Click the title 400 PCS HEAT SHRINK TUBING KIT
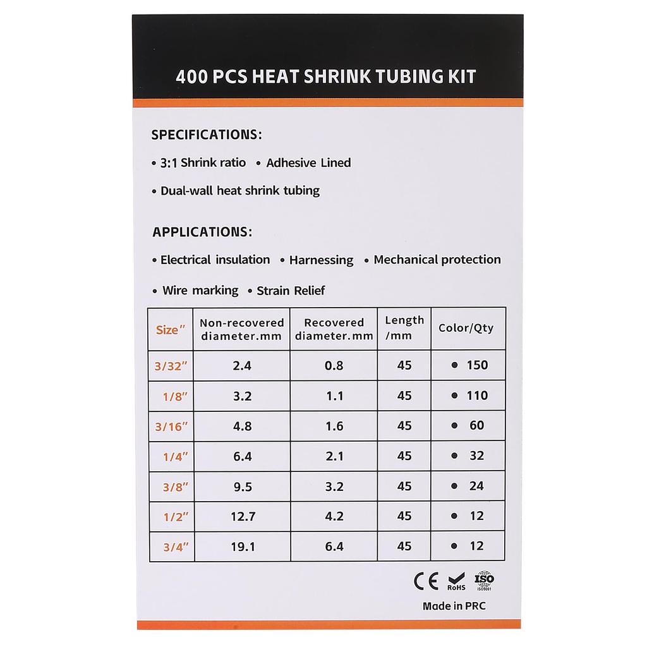tap(326, 77)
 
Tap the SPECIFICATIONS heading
tap(207, 135)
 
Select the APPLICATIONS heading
tap(202, 232)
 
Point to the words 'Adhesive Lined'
tap(308, 163)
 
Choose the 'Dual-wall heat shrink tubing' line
tap(240, 190)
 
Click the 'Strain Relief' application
tap(291, 291)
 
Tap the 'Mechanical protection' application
tap(437, 260)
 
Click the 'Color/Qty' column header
tap(466, 328)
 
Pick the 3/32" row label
tap(171, 366)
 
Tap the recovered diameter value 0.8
tap(334, 365)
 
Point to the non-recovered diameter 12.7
tap(243, 517)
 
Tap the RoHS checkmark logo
tap(456, 581)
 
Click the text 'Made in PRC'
tap(454, 606)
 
